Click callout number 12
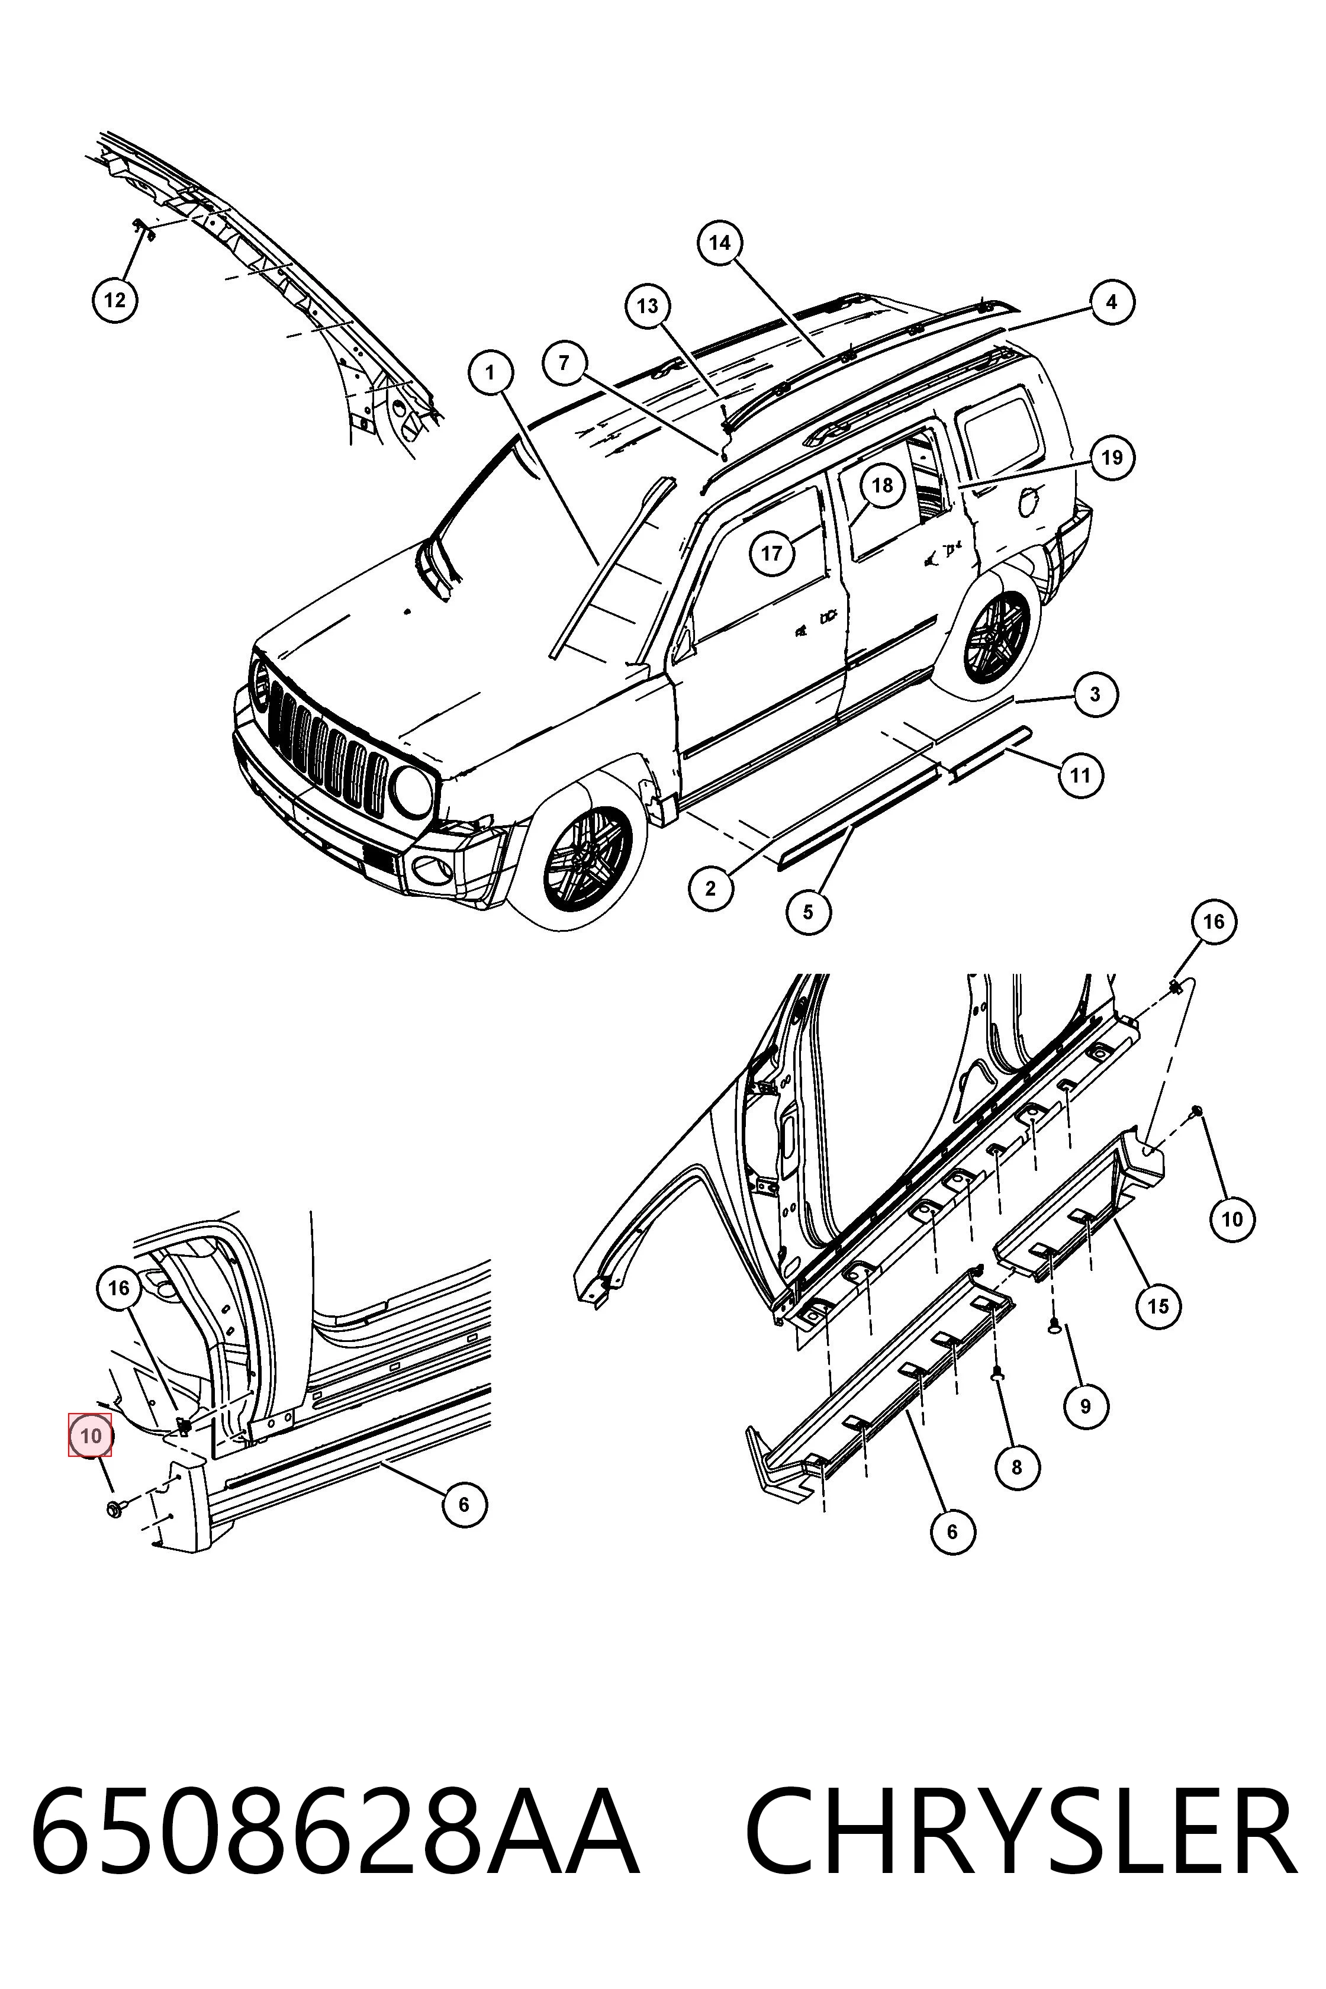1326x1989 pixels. tap(114, 300)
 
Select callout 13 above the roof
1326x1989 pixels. tap(648, 306)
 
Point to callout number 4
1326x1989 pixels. tap(1111, 302)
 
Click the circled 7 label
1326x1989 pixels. tap(564, 363)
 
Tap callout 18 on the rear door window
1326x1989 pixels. tap(882, 485)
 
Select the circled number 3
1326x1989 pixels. tap(1095, 694)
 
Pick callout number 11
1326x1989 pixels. tap(1081, 775)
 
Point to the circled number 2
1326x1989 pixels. tap(710, 888)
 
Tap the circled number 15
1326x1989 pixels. tap(1158, 1306)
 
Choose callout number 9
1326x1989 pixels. tap(1085, 1407)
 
